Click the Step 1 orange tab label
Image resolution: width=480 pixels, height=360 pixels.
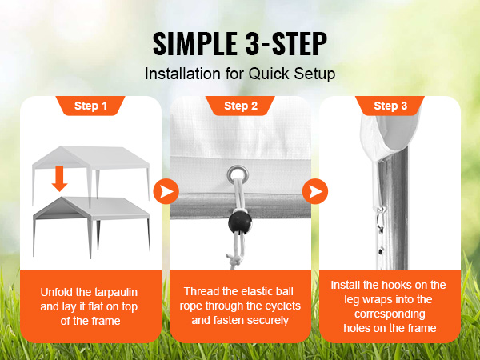(90, 106)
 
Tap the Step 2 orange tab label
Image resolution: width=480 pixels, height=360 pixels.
(241, 106)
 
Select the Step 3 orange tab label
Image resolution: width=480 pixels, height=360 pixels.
(390, 106)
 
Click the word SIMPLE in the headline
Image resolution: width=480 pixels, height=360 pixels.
(195, 43)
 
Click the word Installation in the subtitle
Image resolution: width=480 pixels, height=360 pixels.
(182, 74)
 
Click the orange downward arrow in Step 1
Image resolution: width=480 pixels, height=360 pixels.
(59, 178)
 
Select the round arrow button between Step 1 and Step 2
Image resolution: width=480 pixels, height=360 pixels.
(166, 192)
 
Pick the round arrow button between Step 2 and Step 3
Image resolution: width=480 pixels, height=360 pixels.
(315, 192)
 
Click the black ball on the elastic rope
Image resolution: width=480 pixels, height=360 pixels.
(240, 222)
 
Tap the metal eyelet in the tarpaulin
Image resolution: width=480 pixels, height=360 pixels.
(238, 174)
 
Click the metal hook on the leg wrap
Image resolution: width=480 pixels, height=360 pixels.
(380, 218)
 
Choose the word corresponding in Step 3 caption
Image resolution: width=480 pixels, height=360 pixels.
(390, 314)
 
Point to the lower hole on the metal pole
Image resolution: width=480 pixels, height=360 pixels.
(381, 252)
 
